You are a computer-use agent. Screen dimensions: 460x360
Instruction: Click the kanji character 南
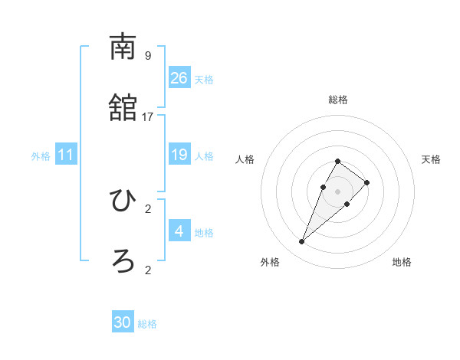coord(123,47)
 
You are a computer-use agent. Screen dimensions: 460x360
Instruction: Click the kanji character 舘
coord(123,108)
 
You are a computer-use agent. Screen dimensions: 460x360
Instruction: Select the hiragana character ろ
coord(123,261)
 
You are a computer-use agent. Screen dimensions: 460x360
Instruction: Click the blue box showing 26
coord(179,78)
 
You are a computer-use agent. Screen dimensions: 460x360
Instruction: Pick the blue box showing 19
coord(179,155)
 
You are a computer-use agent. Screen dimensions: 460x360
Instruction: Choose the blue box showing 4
coord(179,231)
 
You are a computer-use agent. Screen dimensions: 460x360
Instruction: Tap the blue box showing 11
coord(66,155)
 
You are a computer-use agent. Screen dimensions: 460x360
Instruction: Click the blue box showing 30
coord(123,322)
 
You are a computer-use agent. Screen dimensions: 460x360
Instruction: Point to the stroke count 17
coord(148,116)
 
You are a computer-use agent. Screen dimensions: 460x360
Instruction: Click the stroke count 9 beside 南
coord(148,56)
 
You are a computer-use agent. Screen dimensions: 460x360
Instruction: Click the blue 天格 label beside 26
coord(204,80)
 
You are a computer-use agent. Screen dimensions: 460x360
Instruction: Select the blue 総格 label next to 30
coord(147,324)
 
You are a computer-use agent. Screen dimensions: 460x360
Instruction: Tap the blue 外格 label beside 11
coord(41,156)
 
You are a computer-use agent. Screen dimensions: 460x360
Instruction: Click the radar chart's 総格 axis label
coord(338,100)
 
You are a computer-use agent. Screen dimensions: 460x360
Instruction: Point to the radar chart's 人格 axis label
coord(245,159)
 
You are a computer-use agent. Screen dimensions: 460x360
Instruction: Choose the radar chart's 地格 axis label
coord(402,262)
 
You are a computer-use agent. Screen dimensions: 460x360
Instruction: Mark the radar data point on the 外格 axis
coord(301,242)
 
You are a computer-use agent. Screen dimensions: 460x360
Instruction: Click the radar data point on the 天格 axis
coord(367,182)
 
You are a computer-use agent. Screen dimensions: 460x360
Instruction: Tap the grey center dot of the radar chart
coord(338,191)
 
